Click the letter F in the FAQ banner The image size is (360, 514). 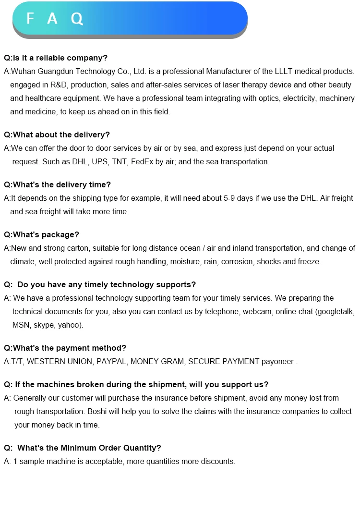coord(31,19)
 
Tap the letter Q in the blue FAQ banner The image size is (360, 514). coord(77,19)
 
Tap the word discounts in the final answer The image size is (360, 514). coord(218,462)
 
